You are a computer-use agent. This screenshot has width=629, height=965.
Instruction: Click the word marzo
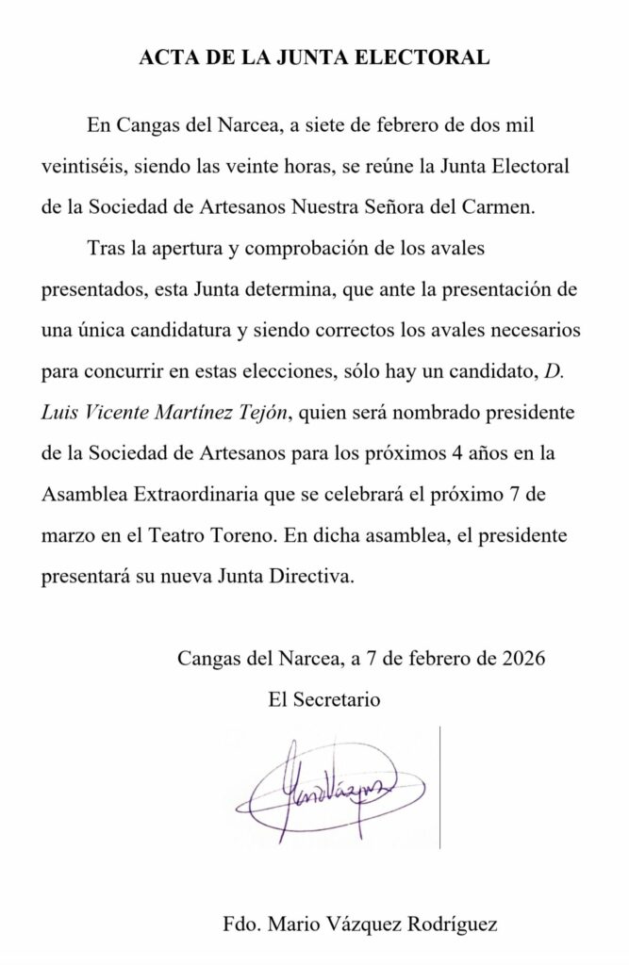68,534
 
